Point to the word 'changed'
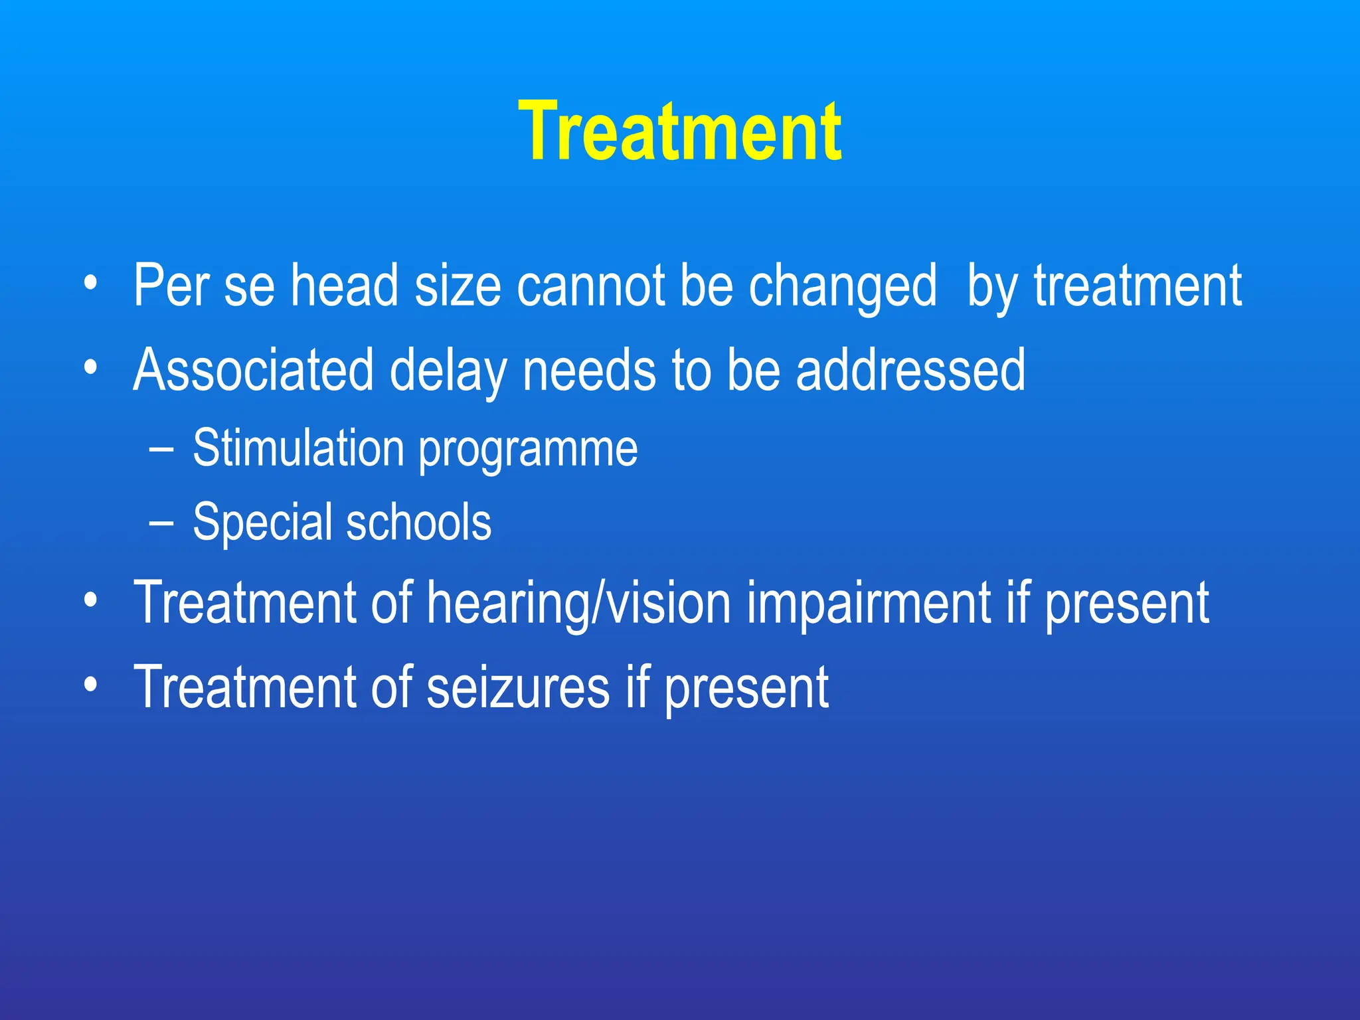click(843, 287)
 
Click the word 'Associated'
click(253, 370)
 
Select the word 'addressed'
click(910, 370)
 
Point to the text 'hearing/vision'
click(579, 604)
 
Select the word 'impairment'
click(869, 604)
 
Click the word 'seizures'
click(518, 688)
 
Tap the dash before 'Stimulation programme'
click(161, 450)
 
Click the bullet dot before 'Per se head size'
click(90, 285)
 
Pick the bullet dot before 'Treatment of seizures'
click(90, 683)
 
